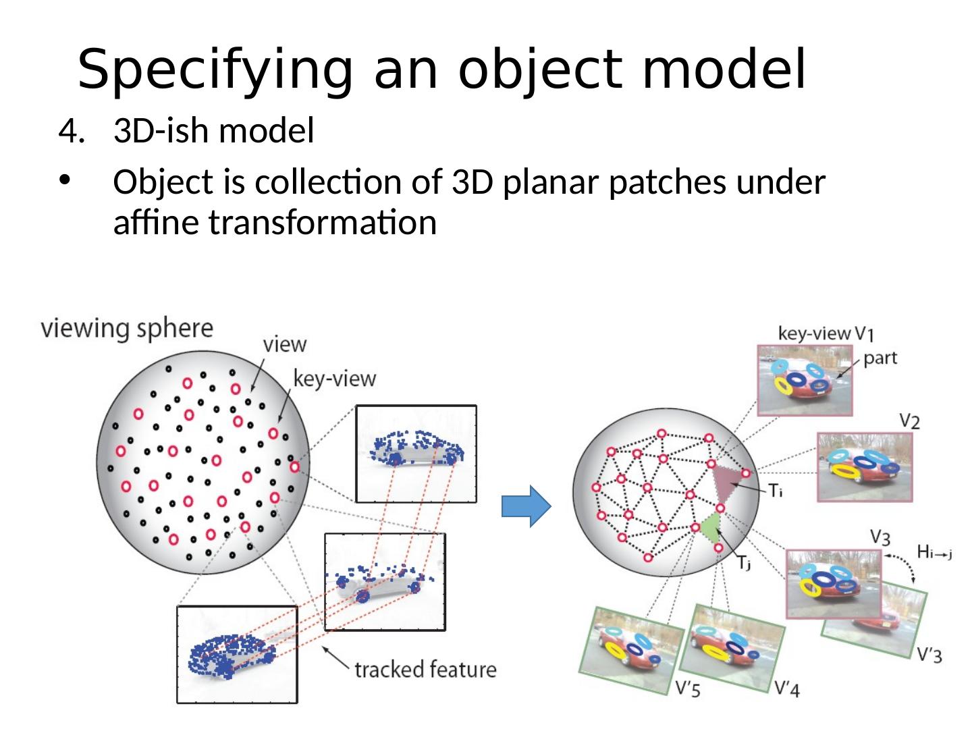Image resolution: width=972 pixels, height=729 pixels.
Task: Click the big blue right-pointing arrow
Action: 526,506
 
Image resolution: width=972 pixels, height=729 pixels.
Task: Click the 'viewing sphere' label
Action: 127,329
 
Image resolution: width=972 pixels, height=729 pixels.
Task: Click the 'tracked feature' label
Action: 425,670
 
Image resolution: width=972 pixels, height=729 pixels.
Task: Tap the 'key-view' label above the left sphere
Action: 334,378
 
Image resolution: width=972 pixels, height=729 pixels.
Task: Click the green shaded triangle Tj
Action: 709,526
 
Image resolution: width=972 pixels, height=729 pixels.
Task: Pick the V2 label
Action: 909,421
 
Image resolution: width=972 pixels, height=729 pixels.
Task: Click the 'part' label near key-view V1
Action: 880,358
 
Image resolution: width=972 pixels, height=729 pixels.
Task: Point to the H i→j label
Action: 934,553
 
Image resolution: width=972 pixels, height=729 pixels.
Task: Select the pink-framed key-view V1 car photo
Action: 805,379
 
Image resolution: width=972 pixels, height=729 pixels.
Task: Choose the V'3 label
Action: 929,654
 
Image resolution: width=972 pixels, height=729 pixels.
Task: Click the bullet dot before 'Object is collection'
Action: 64,182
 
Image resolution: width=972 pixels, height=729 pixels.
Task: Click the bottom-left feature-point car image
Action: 236,655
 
